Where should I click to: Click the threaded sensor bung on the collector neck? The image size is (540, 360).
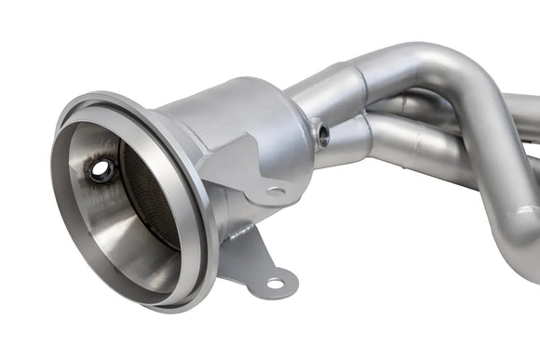[x=322, y=135]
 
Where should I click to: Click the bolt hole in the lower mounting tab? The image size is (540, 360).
[x=276, y=283]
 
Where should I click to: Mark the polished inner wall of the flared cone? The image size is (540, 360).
[x=102, y=223]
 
